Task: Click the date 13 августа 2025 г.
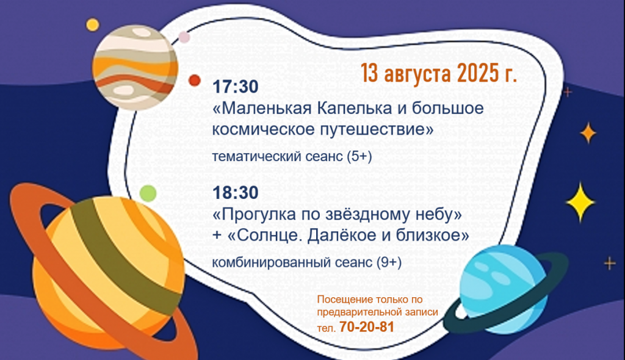coord(439,73)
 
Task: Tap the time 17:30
coord(236,87)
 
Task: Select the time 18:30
coord(236,193)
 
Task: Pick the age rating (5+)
coord(359,156)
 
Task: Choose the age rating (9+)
coord(389,262)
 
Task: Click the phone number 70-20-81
coord(367,327)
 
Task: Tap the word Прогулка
coord(256,215)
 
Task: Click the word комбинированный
coord(271,263)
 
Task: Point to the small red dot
coord(195,81)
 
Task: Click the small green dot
coord(148,193)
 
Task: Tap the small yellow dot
coord(93,25)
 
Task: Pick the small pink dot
coord(184,37)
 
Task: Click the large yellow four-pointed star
coord(580,203)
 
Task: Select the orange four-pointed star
coord(588,133)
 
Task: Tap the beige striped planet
coord(135,67)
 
